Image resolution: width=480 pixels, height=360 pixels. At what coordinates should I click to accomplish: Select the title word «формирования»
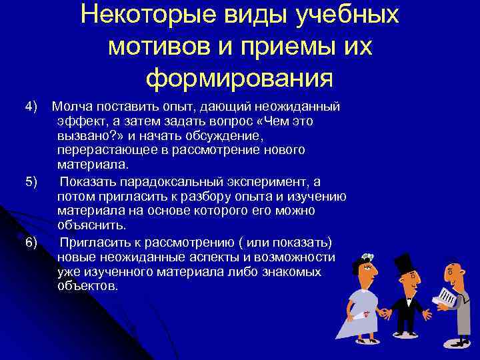click(239, 79)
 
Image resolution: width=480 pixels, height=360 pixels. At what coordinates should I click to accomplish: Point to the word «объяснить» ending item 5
click(87, 225)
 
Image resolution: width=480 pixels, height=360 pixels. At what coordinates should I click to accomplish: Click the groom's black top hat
click(403, 266)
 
